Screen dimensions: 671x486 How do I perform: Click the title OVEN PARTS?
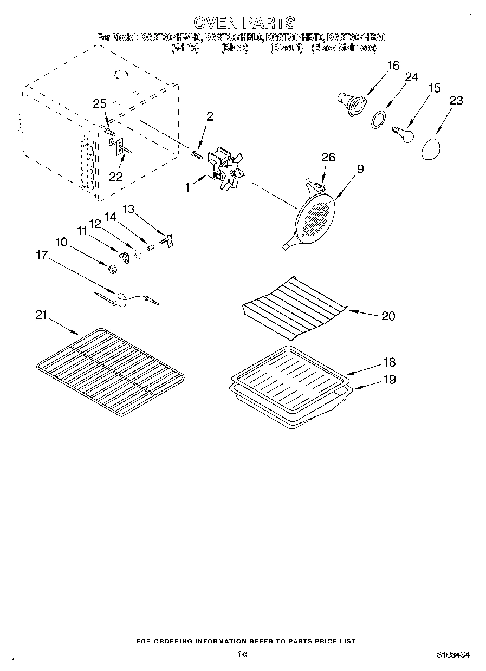pyautogui.click(x=244, y=22)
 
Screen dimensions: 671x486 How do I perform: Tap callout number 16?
pyautogui.click(x=393, y=66)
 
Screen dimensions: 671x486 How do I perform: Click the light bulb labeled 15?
pyautogui.click(x=404, y=133)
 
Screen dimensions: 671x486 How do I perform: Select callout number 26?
pyautogui.click(x=328, y=158)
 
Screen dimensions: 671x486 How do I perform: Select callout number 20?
pyautogui.click(x=388, y=316)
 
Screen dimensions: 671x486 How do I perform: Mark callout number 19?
pyautogui.click(x=388, y=379)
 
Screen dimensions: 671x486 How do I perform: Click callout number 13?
pyautogui.click(x=128, y=209)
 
